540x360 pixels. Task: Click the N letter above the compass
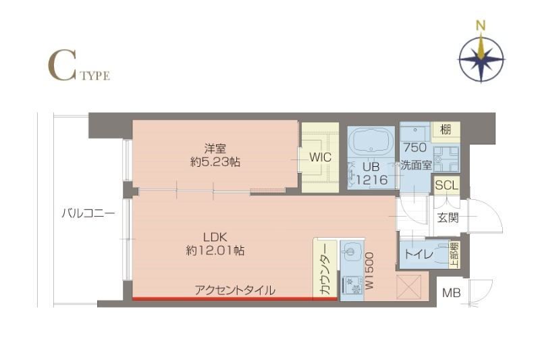coord(481,26)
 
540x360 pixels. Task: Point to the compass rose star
coord(481,59)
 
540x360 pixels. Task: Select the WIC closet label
coord(319,157)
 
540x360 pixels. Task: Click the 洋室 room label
coord(215,148)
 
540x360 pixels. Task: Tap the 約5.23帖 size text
coord(215,162)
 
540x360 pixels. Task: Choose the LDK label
coord(215,236)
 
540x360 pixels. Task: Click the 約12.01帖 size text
coord(215,251)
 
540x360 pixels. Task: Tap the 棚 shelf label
coord(446,130)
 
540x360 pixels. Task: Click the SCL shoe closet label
coord(446,185)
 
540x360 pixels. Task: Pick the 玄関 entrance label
coord(448,217)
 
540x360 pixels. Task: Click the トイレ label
coord(418,255)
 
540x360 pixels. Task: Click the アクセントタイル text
coord(235,290)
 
